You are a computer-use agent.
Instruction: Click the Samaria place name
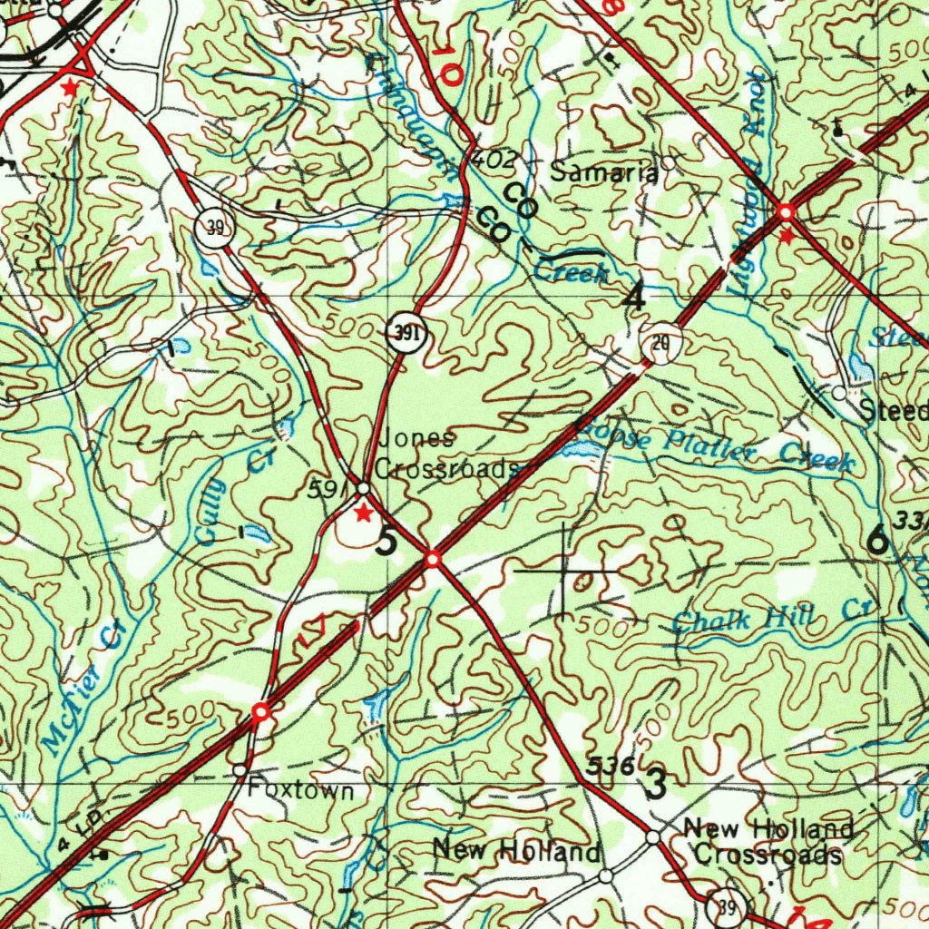pyautogui.click(x=604, y=172)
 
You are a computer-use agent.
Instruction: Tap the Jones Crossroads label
pyautogui.click(x=445, y=454)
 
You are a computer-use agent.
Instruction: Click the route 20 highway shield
pyautogui.click(x=660, y=343)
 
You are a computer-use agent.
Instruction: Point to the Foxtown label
pyautogui.click(x=301, y=791)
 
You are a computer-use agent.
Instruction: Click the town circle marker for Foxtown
pyautogui.click(x=240, y=770)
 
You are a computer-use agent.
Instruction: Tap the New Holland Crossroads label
pyautogui.click(x=768, y=842)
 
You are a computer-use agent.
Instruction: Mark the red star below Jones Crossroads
pyautogui.click(x=363, y=514)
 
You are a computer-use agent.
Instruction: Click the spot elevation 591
pyautogui.click(x=325, y=491)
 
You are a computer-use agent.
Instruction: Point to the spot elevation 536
pyautogui.click(x=609, y=765)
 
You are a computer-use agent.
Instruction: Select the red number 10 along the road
pyautogui.click(x=445, y=66)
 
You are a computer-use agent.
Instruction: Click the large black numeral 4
pyautogui.click(x=634, y=297)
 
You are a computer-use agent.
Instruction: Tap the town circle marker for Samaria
pyautogui.click(x=669, y=163)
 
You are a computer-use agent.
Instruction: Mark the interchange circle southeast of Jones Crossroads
pyautogui.click(x=434, y=560)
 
